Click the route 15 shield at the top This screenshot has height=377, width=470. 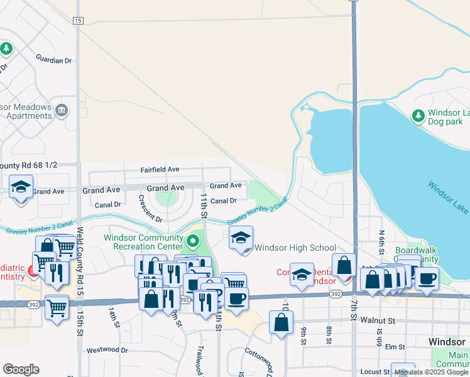click(77, 21)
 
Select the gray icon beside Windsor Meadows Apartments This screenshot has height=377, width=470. click(62, 111)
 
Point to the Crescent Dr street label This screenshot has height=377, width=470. click(150, 209)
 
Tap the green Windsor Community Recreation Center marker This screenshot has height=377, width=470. click(193, 239)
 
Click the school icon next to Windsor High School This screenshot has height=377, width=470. click(240, 238)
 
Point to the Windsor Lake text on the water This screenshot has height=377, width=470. click(447, 197)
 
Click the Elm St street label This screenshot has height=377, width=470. click(395, 346)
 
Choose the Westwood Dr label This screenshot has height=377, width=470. click(107, 350)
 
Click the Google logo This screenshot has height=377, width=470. click(21, 369)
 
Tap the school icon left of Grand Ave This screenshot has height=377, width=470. click(21, 187)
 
